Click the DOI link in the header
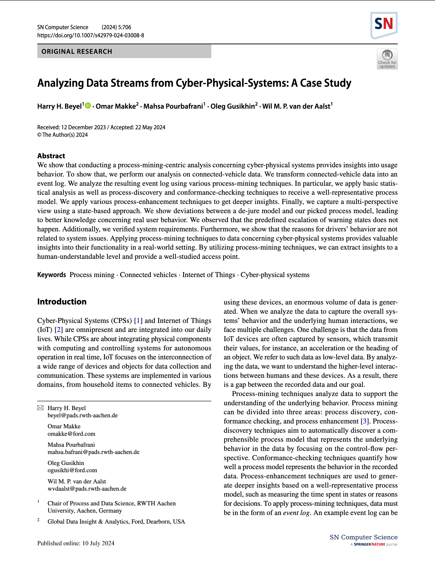90,35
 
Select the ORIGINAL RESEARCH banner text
77,51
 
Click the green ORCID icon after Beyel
88,106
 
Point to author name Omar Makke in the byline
116,106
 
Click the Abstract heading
51,156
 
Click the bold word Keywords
52,275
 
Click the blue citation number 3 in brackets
365,421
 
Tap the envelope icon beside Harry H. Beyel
40,408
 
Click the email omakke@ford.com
71,434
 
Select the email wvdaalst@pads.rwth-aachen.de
87,489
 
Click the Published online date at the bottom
76,543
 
